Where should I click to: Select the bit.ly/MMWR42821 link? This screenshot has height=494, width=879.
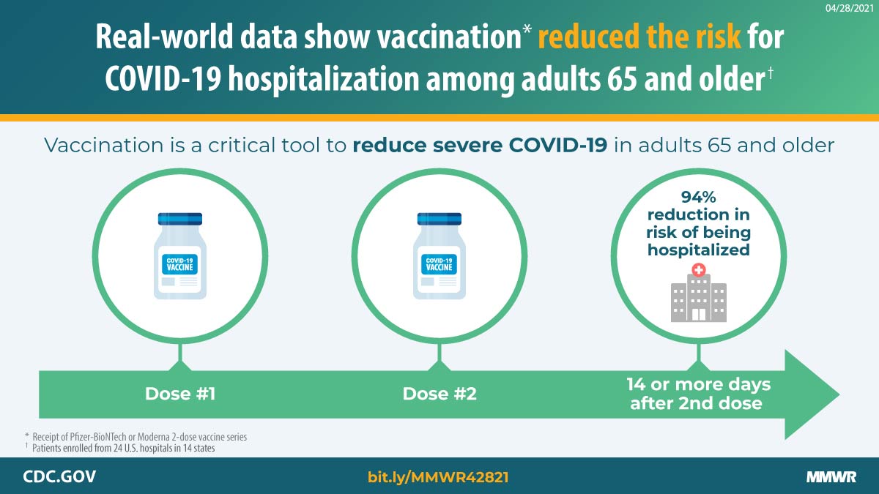click(x=438, y=477)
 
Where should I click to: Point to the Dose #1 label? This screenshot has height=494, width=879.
click(x=180, y=394)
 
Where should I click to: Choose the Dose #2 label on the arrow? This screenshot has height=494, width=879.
click(x=439, y=394)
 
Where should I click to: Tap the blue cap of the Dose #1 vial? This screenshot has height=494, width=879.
click(x=180, y=218)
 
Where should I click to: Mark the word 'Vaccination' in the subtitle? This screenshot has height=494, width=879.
click(x=100, y=145)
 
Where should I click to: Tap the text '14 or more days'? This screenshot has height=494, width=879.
click(x=698, y=384)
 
